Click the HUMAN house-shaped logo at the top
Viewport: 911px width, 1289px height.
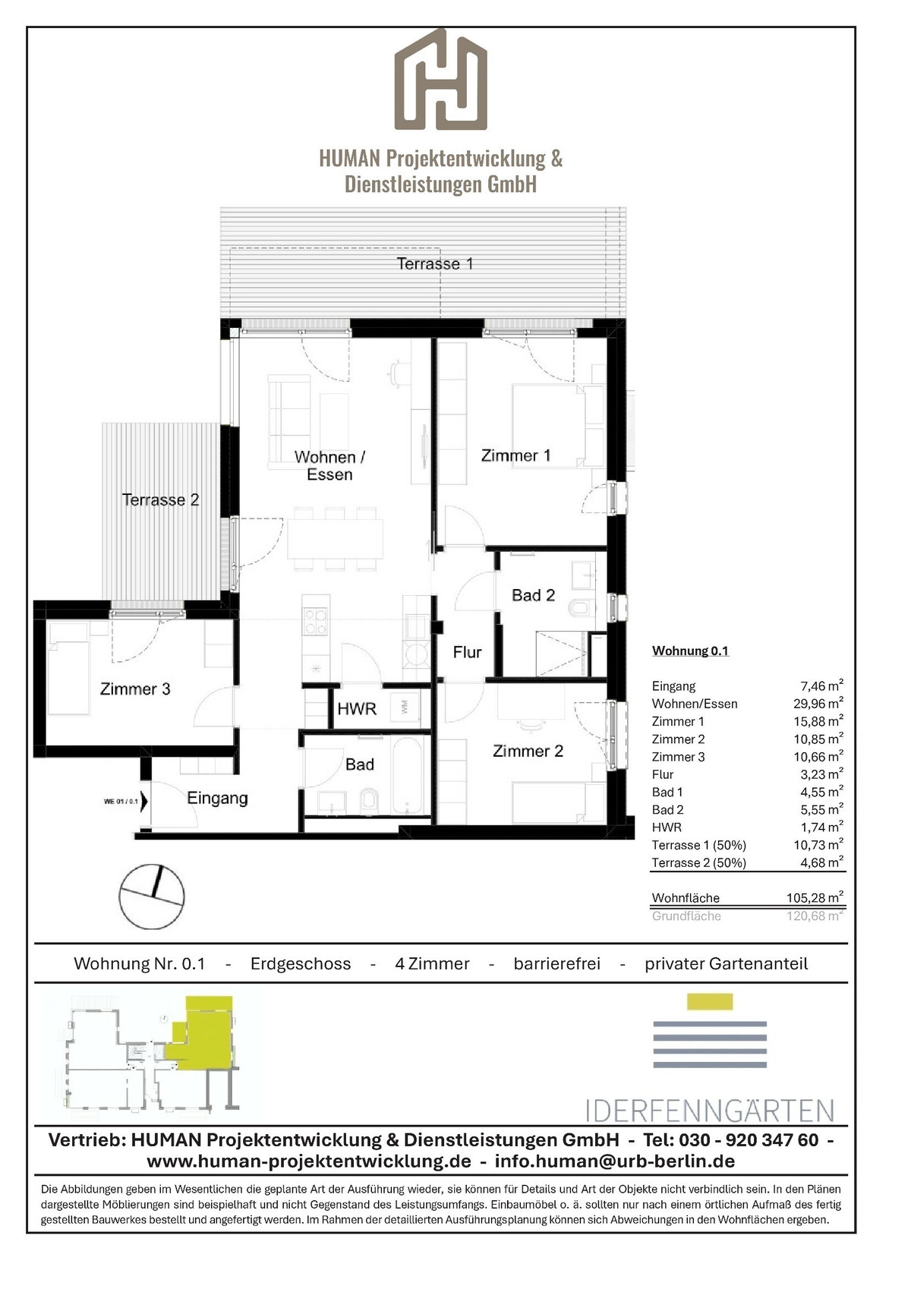[x=440, y=79]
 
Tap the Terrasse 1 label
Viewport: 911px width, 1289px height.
[x=434, y=263]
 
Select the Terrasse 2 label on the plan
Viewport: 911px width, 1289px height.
[x=160, y=500]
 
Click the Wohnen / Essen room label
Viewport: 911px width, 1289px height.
[x=329, y=465]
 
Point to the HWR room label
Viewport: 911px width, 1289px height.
[x=357, y=708]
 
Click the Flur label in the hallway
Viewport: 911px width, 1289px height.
[x=467, y=652]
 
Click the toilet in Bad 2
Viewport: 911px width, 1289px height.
[x=578, y=607]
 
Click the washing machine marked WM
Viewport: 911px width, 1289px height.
[x=405, y=708]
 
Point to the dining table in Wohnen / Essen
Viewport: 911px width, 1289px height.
[x=336, y=539]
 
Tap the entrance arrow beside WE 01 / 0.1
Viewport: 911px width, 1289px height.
[x=144, y=801]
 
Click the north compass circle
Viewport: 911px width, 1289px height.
[x=152, y=897]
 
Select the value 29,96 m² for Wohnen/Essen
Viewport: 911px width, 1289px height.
[x=817, y=703]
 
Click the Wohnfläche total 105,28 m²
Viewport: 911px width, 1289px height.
[x=815, y=897]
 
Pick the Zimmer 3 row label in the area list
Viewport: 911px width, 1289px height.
[x=678, y=757]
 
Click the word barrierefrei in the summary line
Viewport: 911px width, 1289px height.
[x=556, y=963]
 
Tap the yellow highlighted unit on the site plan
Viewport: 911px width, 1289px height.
[x=201, y=1035]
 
